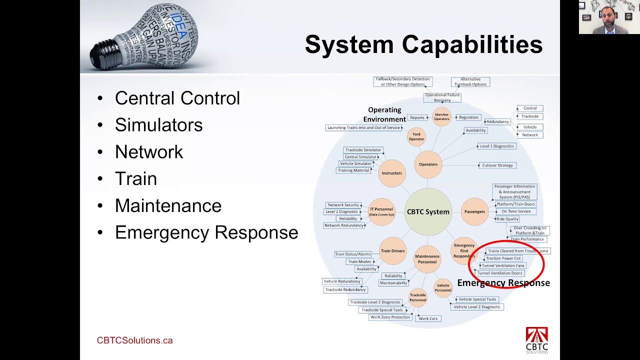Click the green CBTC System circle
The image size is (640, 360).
tap(428, 211)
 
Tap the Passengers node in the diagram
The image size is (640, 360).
tap(474, 211)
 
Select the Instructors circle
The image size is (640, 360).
tap(392, 173)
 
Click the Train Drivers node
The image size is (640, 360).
tap(392, 251)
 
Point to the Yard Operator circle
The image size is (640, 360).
tap(416, 136)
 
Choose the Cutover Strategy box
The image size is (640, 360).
tap(497, 165)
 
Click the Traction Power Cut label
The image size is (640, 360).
tap(503, 258)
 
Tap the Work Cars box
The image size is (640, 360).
tap(428, 318)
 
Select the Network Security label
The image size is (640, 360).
tap(343, 205)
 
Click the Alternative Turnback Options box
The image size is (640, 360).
tap(470, 82)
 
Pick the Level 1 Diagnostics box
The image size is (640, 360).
tap(496, 146)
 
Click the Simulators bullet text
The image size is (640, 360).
tap(158, 125)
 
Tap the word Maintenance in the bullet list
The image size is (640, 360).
tap(168, 205)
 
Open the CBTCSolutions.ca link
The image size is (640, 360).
tap(134, 340)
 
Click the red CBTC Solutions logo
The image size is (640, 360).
tap(536, 340)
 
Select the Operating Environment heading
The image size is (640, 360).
tap(384, 114)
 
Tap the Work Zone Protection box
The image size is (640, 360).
tap(390, 317)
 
